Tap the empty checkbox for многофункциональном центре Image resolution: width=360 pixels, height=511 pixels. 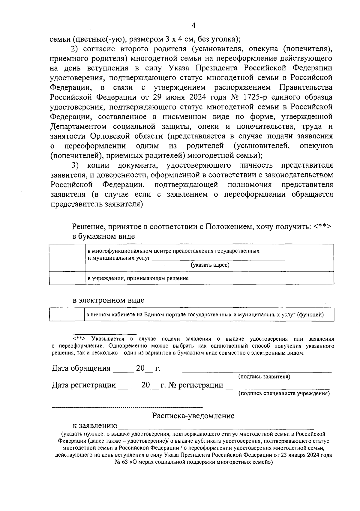click(67, 258)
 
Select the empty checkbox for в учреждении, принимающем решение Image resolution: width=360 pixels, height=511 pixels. click(67, 278)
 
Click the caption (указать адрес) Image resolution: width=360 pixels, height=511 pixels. click(210, 265)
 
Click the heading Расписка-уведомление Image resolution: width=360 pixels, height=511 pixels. click(193, 416)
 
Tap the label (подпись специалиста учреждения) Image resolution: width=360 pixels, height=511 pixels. click(284, 393)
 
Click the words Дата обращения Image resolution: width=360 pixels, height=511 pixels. click(81, 368)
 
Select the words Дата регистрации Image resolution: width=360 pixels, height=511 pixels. click(84, 385)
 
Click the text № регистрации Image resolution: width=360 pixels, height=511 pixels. click(196, 385)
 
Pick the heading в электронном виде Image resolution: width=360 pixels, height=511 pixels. click(108, 300)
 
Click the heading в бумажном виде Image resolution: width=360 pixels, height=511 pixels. click(103, 236)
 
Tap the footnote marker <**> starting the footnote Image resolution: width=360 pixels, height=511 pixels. click(79, 339)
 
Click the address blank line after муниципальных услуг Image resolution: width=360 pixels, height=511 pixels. click(218, 259)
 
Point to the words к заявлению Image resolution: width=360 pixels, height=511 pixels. click(95, 426)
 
